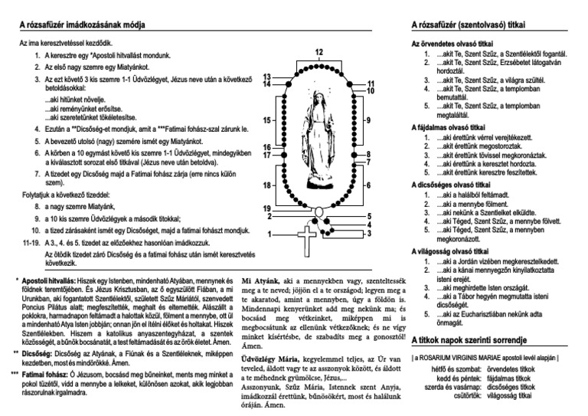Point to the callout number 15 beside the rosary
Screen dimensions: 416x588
(x=266, y=120)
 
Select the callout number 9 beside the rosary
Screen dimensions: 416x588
(x=367, y=120)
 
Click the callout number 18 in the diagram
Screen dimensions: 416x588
(x=266, y=185)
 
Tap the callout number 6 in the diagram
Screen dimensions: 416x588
(x=367, y=185)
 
